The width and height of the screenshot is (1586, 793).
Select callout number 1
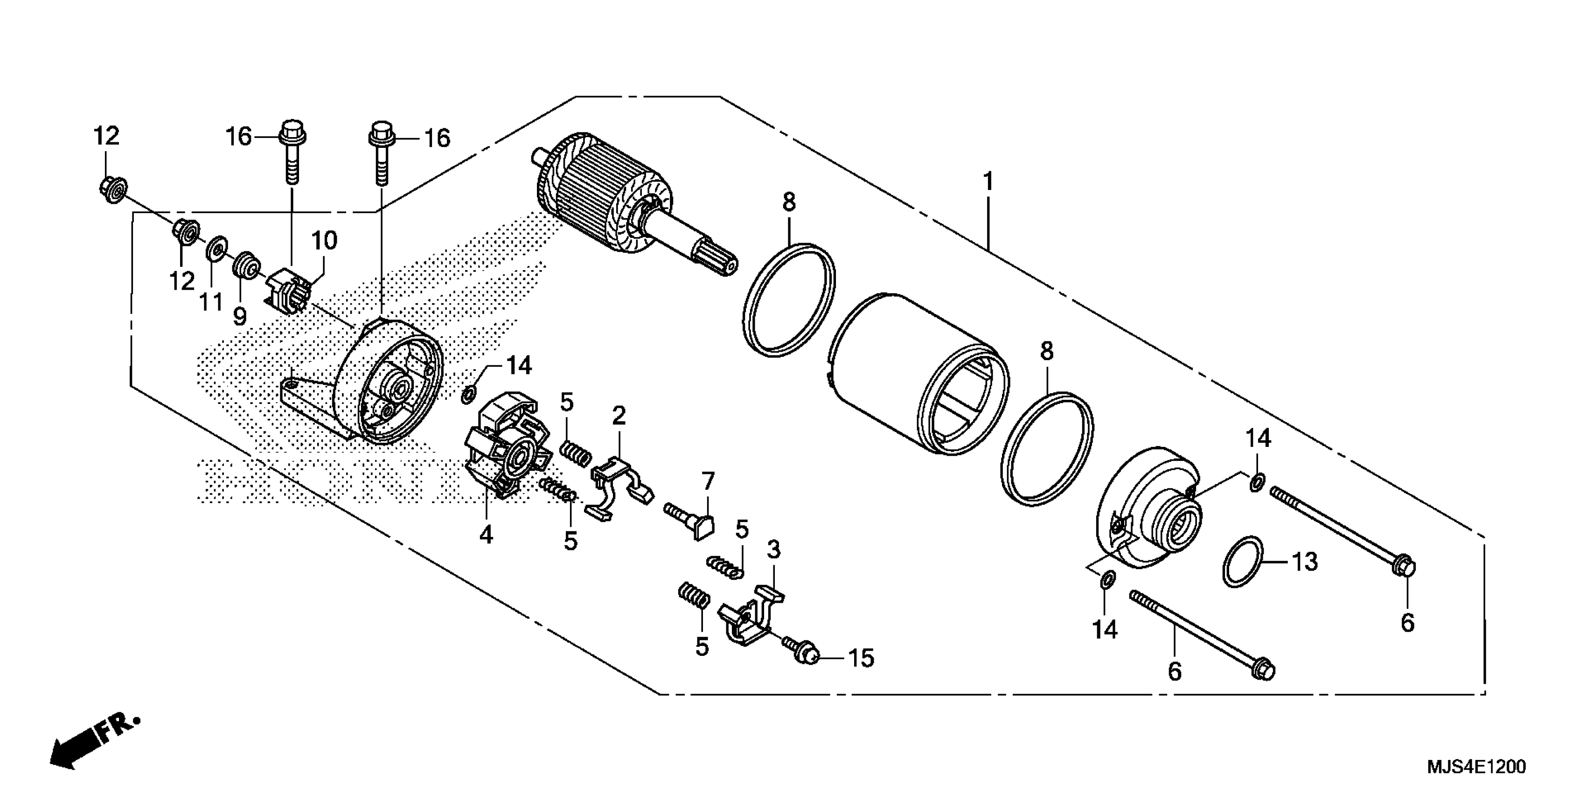tap(988, 182)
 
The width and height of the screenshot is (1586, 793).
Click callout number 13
tap(1304, 562)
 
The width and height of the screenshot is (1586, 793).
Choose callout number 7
tap(708, 481)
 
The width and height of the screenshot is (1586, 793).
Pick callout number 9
tap(239, 316)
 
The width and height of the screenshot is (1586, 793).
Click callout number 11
tap(210, 302)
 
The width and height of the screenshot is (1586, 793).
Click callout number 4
tap(486, 535)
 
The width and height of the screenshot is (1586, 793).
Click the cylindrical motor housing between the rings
tap(911, 382)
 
